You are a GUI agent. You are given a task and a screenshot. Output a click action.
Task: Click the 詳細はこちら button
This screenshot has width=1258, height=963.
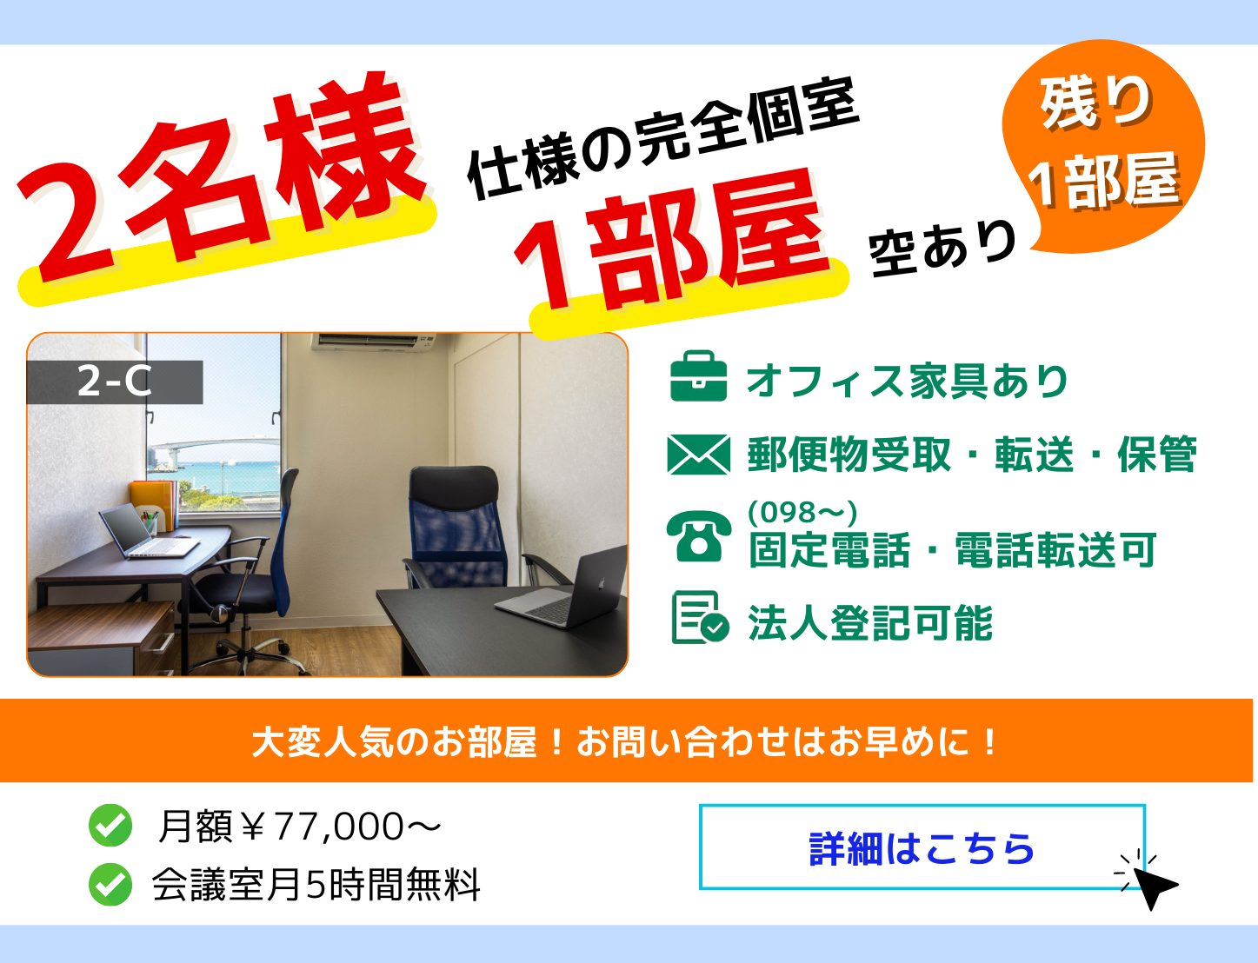click(x=922, y=847)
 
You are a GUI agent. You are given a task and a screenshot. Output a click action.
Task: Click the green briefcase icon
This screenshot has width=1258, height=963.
click(x=698, y=375)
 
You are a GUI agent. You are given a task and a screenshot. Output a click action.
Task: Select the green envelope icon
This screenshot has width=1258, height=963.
click(x=699, y=455)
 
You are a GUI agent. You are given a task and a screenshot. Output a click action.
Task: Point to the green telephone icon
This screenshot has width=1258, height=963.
click(x=699, y=536)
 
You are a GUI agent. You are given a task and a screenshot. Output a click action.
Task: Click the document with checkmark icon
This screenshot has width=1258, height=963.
click(x=699, y=617)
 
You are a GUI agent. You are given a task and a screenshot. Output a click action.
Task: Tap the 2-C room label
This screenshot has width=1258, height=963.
click(x=115, y=382)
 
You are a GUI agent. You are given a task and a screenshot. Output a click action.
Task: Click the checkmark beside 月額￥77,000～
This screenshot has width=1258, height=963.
click(x=110, y=826)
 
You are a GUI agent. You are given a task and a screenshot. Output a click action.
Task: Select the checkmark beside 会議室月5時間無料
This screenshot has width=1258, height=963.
click(x=110, y=884)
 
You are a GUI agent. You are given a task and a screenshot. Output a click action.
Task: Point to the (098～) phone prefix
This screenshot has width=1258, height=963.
click(x=802, y=512)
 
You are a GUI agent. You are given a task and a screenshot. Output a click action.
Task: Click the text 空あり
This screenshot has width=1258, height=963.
click(x=942, y=248)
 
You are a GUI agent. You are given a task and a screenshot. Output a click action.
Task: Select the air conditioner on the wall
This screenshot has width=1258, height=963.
click(x=374, y=342)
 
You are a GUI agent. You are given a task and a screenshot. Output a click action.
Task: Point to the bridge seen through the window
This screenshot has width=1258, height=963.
click(x=213, y=448)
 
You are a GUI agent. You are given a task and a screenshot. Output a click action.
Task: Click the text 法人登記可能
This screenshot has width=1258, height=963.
click(x=870, y=622)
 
